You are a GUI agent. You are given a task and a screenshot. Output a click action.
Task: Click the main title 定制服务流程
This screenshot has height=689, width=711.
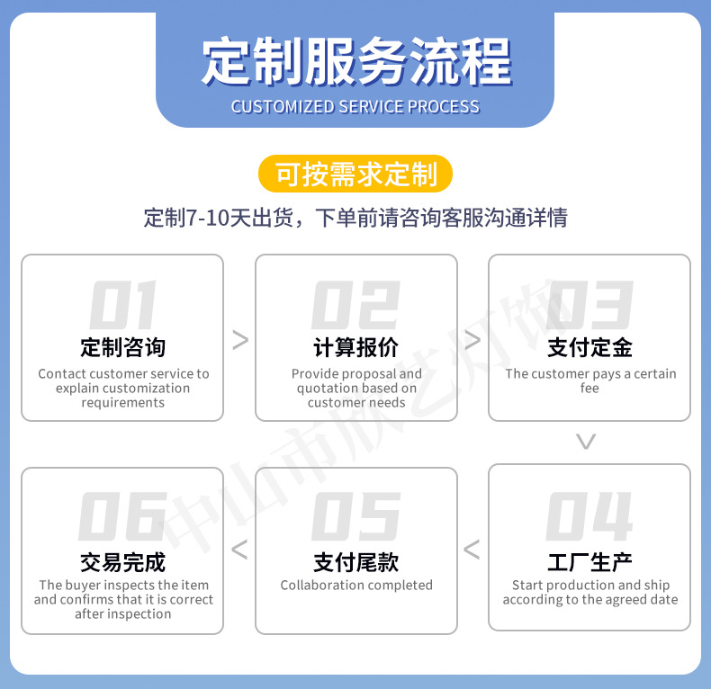click(x=355, y=61)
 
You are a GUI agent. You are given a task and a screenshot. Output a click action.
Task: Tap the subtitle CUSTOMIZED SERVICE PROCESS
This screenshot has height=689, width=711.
click(x=355, y=106)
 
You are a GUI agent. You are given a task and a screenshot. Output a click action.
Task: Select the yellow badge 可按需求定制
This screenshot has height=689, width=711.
click(x=355, y=174)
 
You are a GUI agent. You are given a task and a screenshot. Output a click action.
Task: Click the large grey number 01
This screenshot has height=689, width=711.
click(x=122, y=305)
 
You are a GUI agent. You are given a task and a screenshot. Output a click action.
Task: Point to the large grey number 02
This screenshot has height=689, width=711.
click(x=355, y=305)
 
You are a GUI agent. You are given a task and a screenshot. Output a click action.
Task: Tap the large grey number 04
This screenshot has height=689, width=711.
click(x=589, y=517)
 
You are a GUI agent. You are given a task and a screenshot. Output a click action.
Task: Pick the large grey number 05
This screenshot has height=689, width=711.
click(x=355, y=517)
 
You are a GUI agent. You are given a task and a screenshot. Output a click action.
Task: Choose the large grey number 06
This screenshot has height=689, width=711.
click(x=122, y=517)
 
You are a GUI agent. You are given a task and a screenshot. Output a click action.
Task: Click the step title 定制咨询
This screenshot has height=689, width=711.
click(x=122, y=347)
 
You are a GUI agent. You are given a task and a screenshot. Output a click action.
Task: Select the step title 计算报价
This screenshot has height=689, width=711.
click(x=355, y=347)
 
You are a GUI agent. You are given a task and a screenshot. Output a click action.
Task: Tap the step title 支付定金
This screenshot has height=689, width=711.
click(x=589, y=347)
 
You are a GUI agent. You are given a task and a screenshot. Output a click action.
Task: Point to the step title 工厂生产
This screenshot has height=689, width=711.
click(x=589, y=562)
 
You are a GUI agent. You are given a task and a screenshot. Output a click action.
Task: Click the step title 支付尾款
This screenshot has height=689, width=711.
click(x=355, y=562)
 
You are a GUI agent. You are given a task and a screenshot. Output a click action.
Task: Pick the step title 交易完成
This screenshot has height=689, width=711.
click(x=122, y=562)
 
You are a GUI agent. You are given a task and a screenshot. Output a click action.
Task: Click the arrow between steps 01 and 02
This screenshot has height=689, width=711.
click(x=239, y=339)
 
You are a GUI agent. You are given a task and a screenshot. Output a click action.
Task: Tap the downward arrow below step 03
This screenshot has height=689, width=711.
click(x=586, y=442)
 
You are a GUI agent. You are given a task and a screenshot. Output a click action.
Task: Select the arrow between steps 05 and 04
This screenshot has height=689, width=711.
click(x=472, y=550)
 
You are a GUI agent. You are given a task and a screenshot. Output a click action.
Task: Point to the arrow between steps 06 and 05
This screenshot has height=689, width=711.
click(x=239, y=550)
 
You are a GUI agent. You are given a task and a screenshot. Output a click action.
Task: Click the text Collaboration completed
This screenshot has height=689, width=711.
click(x=356, y=586)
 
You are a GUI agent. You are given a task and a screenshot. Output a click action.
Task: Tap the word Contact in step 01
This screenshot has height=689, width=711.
click(x=62, y=374)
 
